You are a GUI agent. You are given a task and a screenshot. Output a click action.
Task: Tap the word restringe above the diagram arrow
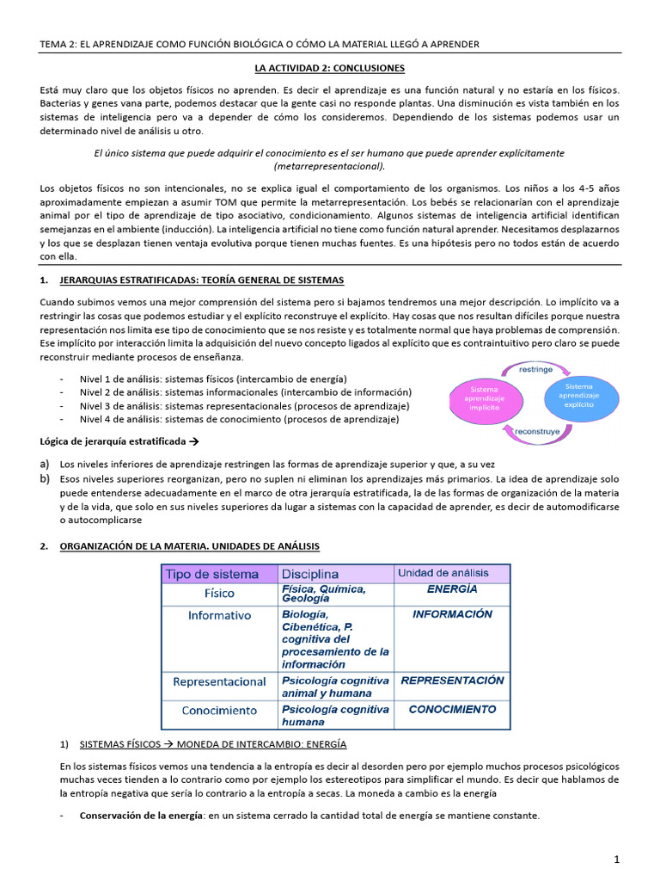[x=536, y=369]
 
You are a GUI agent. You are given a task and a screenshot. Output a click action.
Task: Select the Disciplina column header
[x=310, y=574]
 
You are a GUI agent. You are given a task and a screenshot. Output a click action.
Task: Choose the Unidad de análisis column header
[x=442, y=573]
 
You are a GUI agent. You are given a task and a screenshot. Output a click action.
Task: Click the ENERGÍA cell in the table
[x=452, y=590]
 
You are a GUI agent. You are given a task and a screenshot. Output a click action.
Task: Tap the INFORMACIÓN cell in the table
[x=452, y=614]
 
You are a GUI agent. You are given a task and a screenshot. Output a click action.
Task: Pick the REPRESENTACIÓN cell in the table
[x=452, y=680]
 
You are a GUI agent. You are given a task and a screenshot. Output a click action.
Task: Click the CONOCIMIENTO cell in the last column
[x=452, y=710]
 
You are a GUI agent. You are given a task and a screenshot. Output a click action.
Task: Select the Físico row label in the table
[x=219, y=594]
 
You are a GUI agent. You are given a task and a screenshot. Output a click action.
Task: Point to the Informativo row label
[x=219, y=615]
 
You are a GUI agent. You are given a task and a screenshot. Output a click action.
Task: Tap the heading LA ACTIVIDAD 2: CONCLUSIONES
[x=330, y=68]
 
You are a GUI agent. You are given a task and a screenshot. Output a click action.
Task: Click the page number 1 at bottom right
[x=616, y=859]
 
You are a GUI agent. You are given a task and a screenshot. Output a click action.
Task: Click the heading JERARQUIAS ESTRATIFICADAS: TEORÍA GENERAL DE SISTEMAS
[x=201, y=280]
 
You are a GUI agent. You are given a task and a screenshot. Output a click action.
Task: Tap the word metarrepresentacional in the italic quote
[x=329, y=166]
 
